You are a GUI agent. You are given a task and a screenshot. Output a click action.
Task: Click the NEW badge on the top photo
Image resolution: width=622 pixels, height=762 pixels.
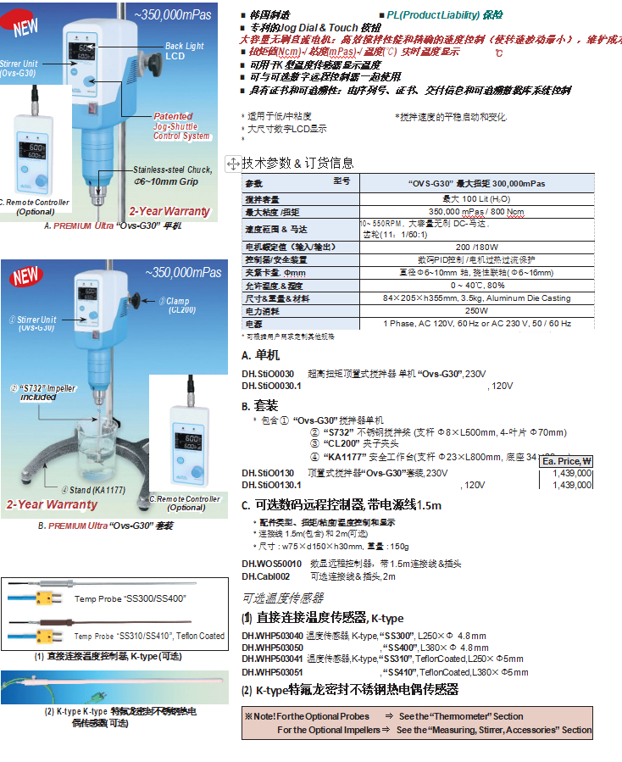pyautogui.click(x=25, y=23)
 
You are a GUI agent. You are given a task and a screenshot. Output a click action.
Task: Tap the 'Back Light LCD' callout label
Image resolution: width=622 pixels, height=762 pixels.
pyautogui.click(x=184, y=51)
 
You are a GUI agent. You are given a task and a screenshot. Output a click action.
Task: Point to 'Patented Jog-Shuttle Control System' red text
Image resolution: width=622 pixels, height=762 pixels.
pyautogui.click(x=180, y=125)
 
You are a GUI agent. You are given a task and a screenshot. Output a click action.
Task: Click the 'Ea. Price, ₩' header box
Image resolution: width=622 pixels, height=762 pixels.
pyautogui.click(x=566, y=461)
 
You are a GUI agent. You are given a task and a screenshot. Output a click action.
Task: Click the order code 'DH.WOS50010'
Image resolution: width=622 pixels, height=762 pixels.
pyautogui.click(x=271, y=563)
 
